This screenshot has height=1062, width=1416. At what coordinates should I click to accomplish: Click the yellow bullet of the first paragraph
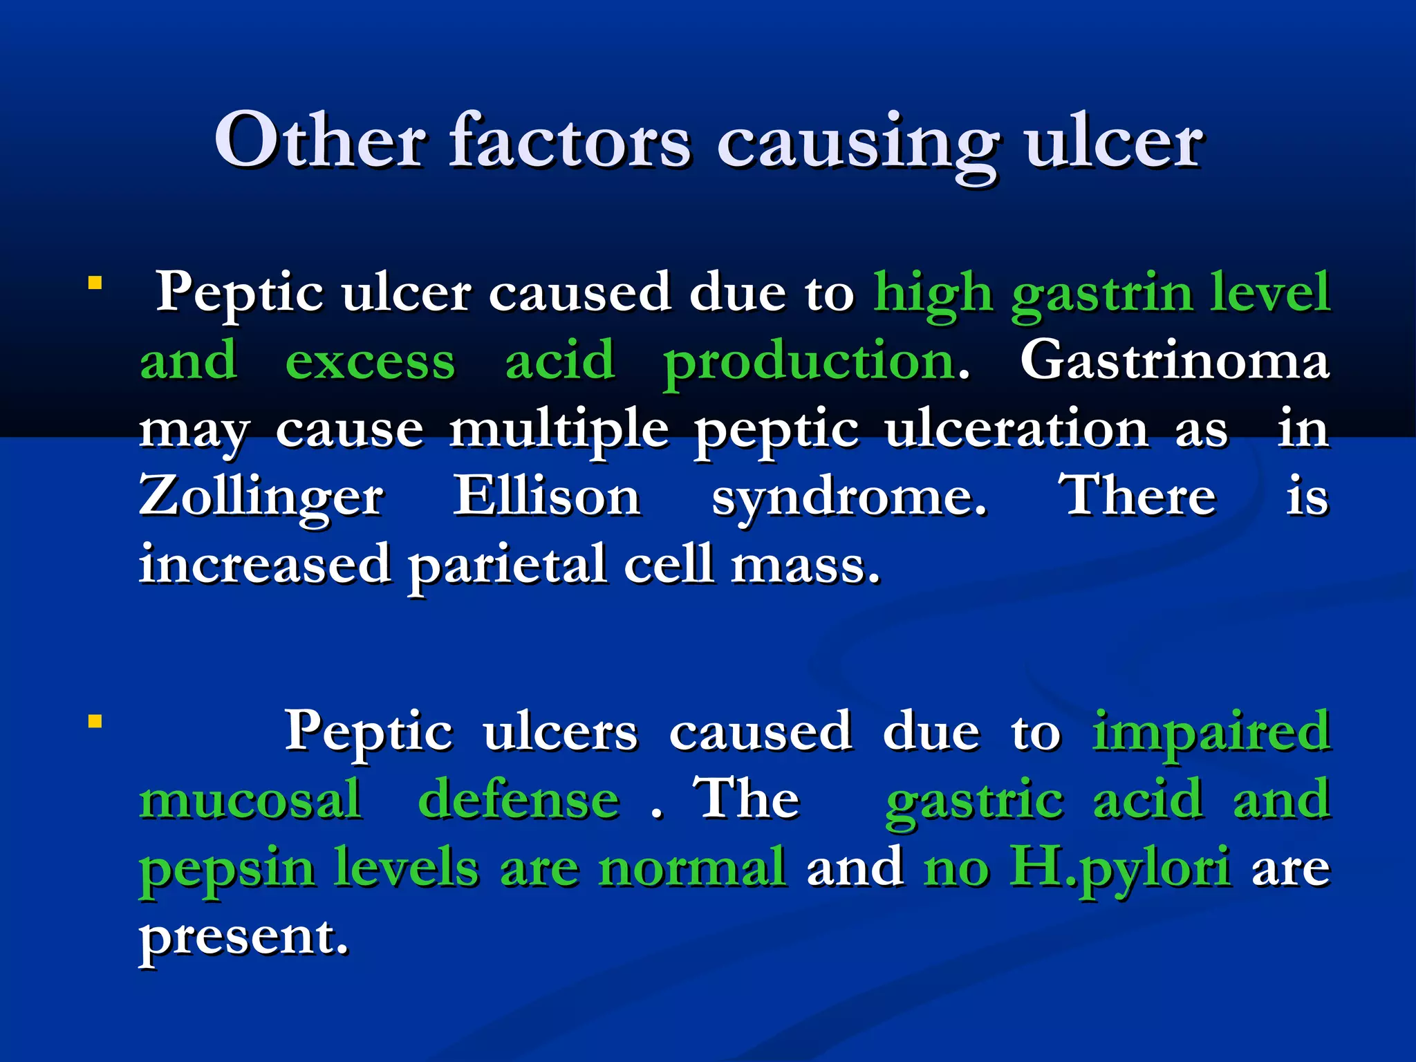pyautogui.click(x=95, y=283)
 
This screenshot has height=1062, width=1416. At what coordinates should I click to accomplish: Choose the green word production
pyautogui.click(x=810, y=362)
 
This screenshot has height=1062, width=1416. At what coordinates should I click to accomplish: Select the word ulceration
pyautogui.click(x=1016, y=429)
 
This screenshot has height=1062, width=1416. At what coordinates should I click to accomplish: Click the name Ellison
pyautogui.click(x=546, y=496)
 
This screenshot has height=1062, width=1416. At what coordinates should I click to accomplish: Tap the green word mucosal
pyautogui.click(x=250, y=799)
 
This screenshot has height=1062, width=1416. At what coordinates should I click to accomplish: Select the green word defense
pyautogui.click(x=519, y=799)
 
